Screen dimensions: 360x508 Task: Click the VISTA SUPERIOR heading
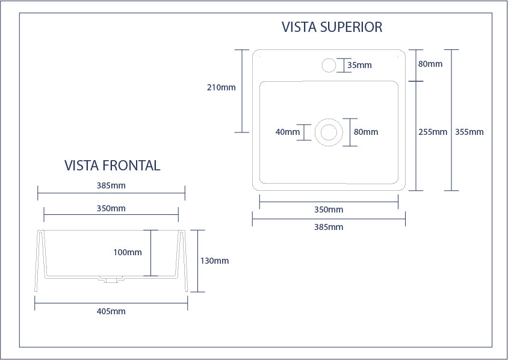pos(332,27)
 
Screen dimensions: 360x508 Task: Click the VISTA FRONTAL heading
pos(112,166)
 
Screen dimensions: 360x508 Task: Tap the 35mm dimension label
pos(359,65)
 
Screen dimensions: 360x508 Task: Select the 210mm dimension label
pos(221,87)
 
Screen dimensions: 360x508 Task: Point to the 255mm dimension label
pos(432,132)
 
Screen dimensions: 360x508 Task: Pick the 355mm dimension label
pos(469,132)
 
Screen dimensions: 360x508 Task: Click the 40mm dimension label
pos(287,132)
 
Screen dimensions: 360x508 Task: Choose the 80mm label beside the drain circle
pos(365,132)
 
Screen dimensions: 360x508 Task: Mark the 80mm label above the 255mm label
pos(430,64)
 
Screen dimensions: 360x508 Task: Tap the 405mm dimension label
pos(111,311)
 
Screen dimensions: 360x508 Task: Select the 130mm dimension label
pos(214,261)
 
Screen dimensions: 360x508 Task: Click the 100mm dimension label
pos(128,252)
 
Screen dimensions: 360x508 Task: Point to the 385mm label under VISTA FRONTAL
pos(111,185)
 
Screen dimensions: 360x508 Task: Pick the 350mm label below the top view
pos(329,209)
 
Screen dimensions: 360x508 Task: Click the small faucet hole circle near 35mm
pos(329,65)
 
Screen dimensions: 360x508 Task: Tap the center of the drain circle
pos(329,132)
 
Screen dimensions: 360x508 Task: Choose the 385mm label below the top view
pos(329,227)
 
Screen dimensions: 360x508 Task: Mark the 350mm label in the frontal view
pos(111,208)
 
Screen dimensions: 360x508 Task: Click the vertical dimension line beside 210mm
pos(242,90)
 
